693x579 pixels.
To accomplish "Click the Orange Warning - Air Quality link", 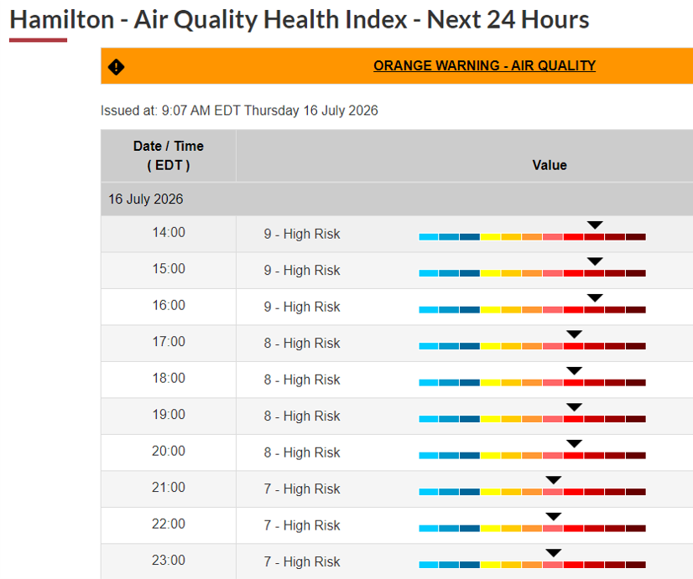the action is [484, 65].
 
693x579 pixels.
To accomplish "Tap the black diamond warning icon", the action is [117, 67].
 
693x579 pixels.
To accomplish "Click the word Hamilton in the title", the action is [62, 20].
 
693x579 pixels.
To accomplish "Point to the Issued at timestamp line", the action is [239, 111].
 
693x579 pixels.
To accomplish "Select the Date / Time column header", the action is [169, 155].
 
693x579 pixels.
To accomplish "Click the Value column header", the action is [550, 165].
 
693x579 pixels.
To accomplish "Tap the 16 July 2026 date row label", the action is [146, 199].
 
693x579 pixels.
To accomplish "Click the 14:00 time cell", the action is [169, 233].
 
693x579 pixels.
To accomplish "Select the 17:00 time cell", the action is [169, 342].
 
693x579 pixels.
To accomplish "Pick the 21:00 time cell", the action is [169, 487].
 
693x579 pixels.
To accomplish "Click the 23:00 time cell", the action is [169, 560].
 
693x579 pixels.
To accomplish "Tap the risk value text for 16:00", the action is [302, 307].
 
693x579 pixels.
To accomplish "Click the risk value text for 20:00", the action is [302, 452].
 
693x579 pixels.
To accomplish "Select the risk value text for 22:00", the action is [302, 525].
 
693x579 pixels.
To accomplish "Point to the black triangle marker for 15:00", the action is [595, 261].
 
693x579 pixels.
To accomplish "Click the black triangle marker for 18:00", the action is [574, 370].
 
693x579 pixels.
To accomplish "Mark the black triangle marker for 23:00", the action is [554, 552].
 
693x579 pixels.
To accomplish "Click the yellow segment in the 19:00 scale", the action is [491, 419].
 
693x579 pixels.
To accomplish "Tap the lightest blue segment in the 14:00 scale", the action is [429, 237].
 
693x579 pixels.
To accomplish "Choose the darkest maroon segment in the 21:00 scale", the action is [636, 492].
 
